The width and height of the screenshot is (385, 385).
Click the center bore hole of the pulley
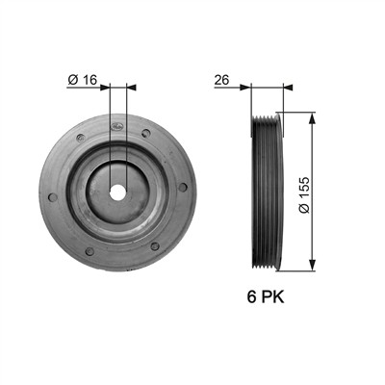click(117, 193)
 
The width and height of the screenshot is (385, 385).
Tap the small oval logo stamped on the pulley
click(116, 126)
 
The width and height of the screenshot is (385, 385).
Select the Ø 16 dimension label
click(82, 80)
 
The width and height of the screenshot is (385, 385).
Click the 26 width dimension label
click(221, 80)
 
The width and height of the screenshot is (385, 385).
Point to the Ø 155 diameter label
click(304, 194)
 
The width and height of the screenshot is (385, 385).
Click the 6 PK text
click(266, 296)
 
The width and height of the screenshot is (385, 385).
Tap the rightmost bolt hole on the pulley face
click(183, 188)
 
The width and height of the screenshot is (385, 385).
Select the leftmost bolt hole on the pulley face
click(53, 197)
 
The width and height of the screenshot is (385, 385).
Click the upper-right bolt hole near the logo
click(146, 133)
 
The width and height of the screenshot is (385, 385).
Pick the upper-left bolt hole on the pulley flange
click(81, 138)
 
